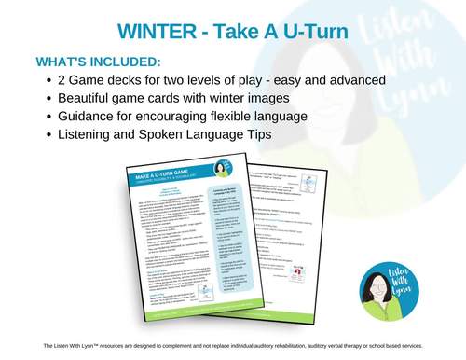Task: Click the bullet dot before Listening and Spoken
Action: coord(48,134)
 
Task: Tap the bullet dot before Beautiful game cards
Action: coord(48,99)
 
